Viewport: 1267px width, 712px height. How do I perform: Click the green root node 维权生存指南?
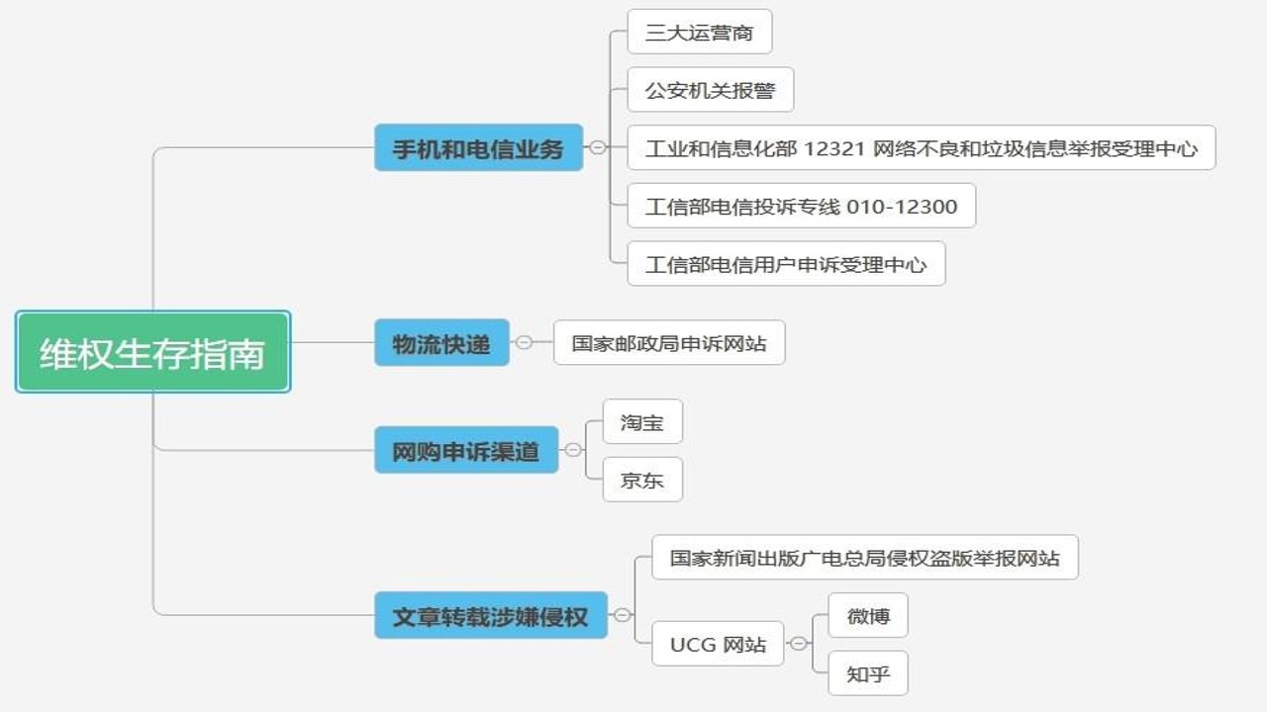click(152, 351)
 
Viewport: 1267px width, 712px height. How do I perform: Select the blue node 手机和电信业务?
click(478, 147)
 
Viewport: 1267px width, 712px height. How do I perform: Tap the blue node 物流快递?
click(441, 342)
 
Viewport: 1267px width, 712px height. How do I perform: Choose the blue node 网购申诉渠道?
click(466, 450)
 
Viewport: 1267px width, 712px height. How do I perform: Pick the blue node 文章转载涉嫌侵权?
click(491, 615)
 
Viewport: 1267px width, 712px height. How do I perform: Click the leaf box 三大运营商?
click(700, 32)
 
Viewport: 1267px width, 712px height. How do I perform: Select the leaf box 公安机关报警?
click(711, 89)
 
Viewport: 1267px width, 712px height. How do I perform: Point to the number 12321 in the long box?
click(834, 148)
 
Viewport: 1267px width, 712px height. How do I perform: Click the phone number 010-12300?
click(902, 207)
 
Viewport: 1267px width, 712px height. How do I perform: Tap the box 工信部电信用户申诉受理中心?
click(786, 263)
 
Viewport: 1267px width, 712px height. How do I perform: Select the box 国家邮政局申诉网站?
click(669, 342)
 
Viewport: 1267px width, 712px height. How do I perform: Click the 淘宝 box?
click(642, 421)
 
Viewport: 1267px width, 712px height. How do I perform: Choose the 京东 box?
click(642, 480)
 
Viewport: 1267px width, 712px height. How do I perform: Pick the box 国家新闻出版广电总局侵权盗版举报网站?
click(865, 557)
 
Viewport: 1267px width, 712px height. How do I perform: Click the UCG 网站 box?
click(718, 644)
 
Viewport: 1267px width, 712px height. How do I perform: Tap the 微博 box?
click(868, 615)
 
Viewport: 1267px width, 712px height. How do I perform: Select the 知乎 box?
click(868, 673)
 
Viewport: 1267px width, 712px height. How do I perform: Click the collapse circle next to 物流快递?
click(525, 342)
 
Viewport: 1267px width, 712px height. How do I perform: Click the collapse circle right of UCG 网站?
click(798, 643)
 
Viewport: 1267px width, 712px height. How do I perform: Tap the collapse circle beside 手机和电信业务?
click(598, 147)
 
